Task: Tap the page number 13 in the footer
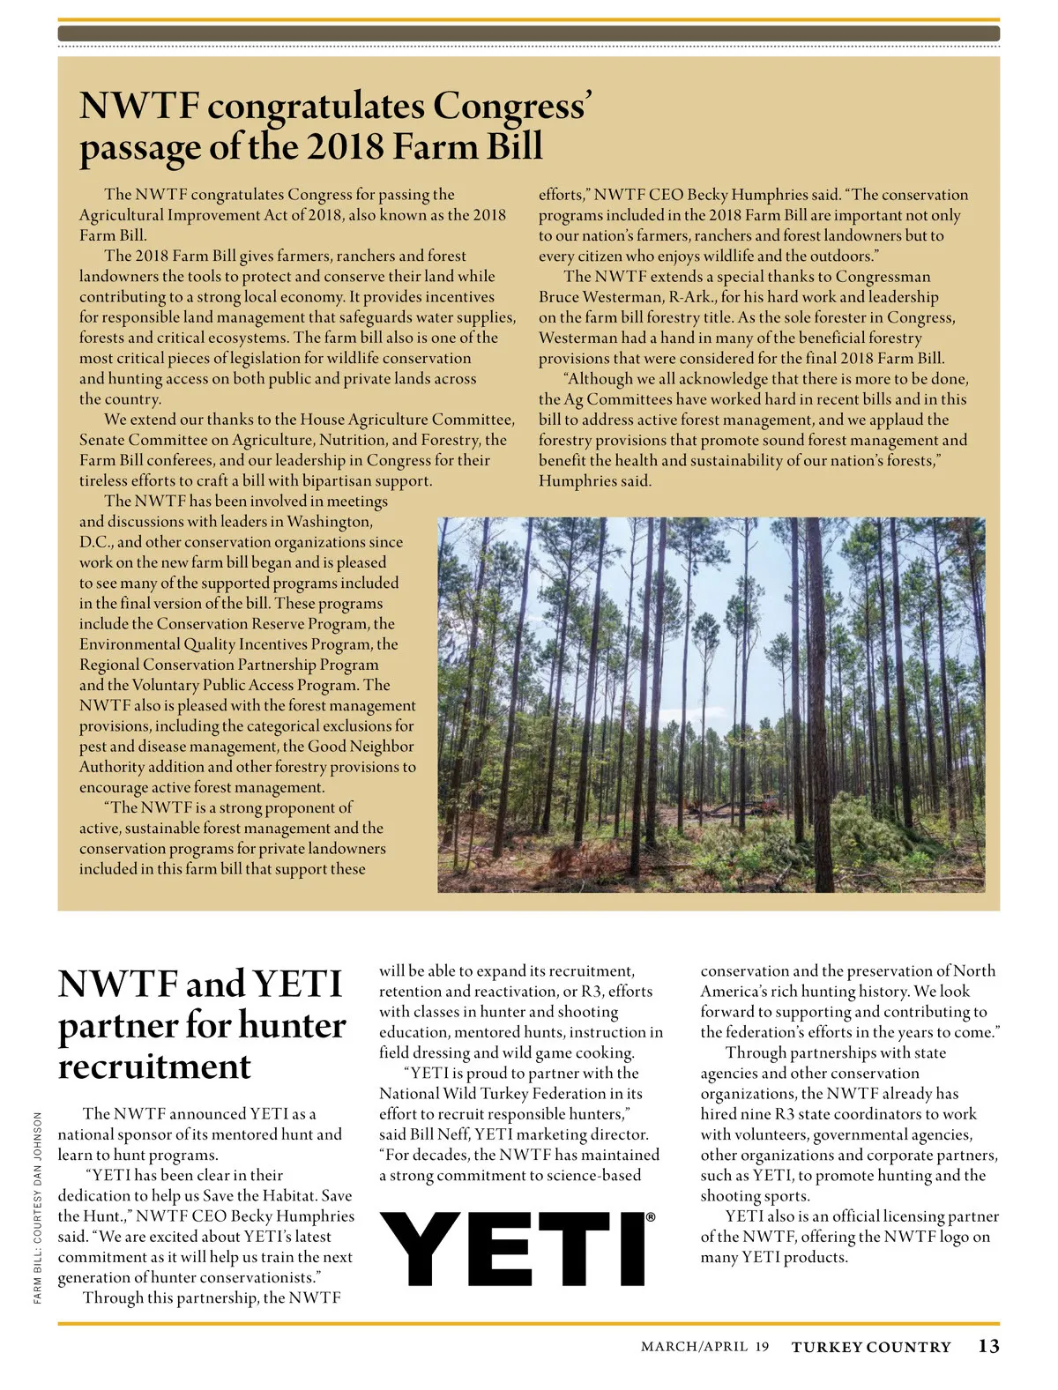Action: click(x=988, y=1346)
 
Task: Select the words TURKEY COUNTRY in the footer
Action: click(x=871, y=1347)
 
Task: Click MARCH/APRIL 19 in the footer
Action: click(x=704, y=1347)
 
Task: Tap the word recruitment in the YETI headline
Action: click(x=154, y=1066)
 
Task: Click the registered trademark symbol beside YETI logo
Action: click(x=651, y=1217)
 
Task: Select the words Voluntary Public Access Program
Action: click(x=245, y=685)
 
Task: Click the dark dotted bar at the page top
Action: click(x=529, y=33)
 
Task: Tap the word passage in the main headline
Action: click(x=139, y=146)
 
